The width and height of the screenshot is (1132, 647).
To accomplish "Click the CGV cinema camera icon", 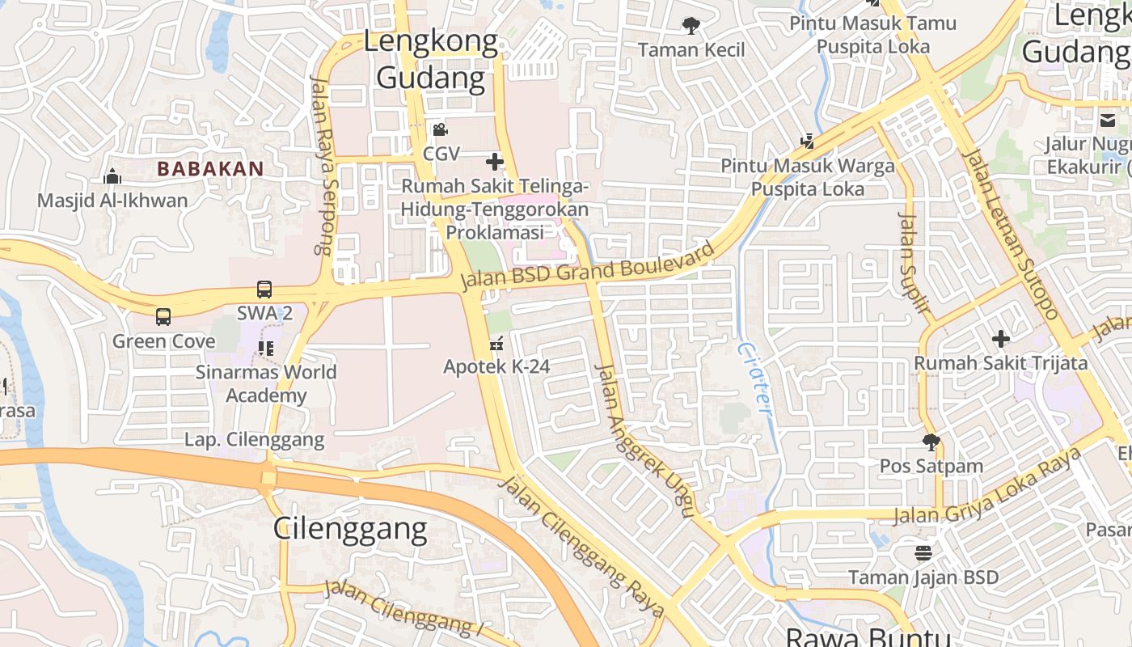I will (440, 129).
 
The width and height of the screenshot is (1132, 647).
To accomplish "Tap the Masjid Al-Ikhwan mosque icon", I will (112, 175).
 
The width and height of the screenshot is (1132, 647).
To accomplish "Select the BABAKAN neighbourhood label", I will (210, 169).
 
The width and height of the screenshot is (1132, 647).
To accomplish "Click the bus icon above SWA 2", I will (264, 289).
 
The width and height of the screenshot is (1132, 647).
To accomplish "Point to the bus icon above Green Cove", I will (163, 316).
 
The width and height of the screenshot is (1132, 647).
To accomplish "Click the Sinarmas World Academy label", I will (266, 383).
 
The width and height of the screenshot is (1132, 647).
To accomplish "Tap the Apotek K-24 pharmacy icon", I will (496, 344).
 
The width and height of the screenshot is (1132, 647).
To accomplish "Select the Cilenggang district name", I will (349, 528).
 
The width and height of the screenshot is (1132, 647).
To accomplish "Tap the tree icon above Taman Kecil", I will (691, 26).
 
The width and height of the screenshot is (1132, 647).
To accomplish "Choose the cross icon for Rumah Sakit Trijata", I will (1001, 338).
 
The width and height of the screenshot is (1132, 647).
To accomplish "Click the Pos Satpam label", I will (931, 466).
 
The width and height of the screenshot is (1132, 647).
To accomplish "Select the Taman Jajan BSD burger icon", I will (923, 553).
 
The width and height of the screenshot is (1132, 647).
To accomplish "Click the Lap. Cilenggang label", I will (254, 440).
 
